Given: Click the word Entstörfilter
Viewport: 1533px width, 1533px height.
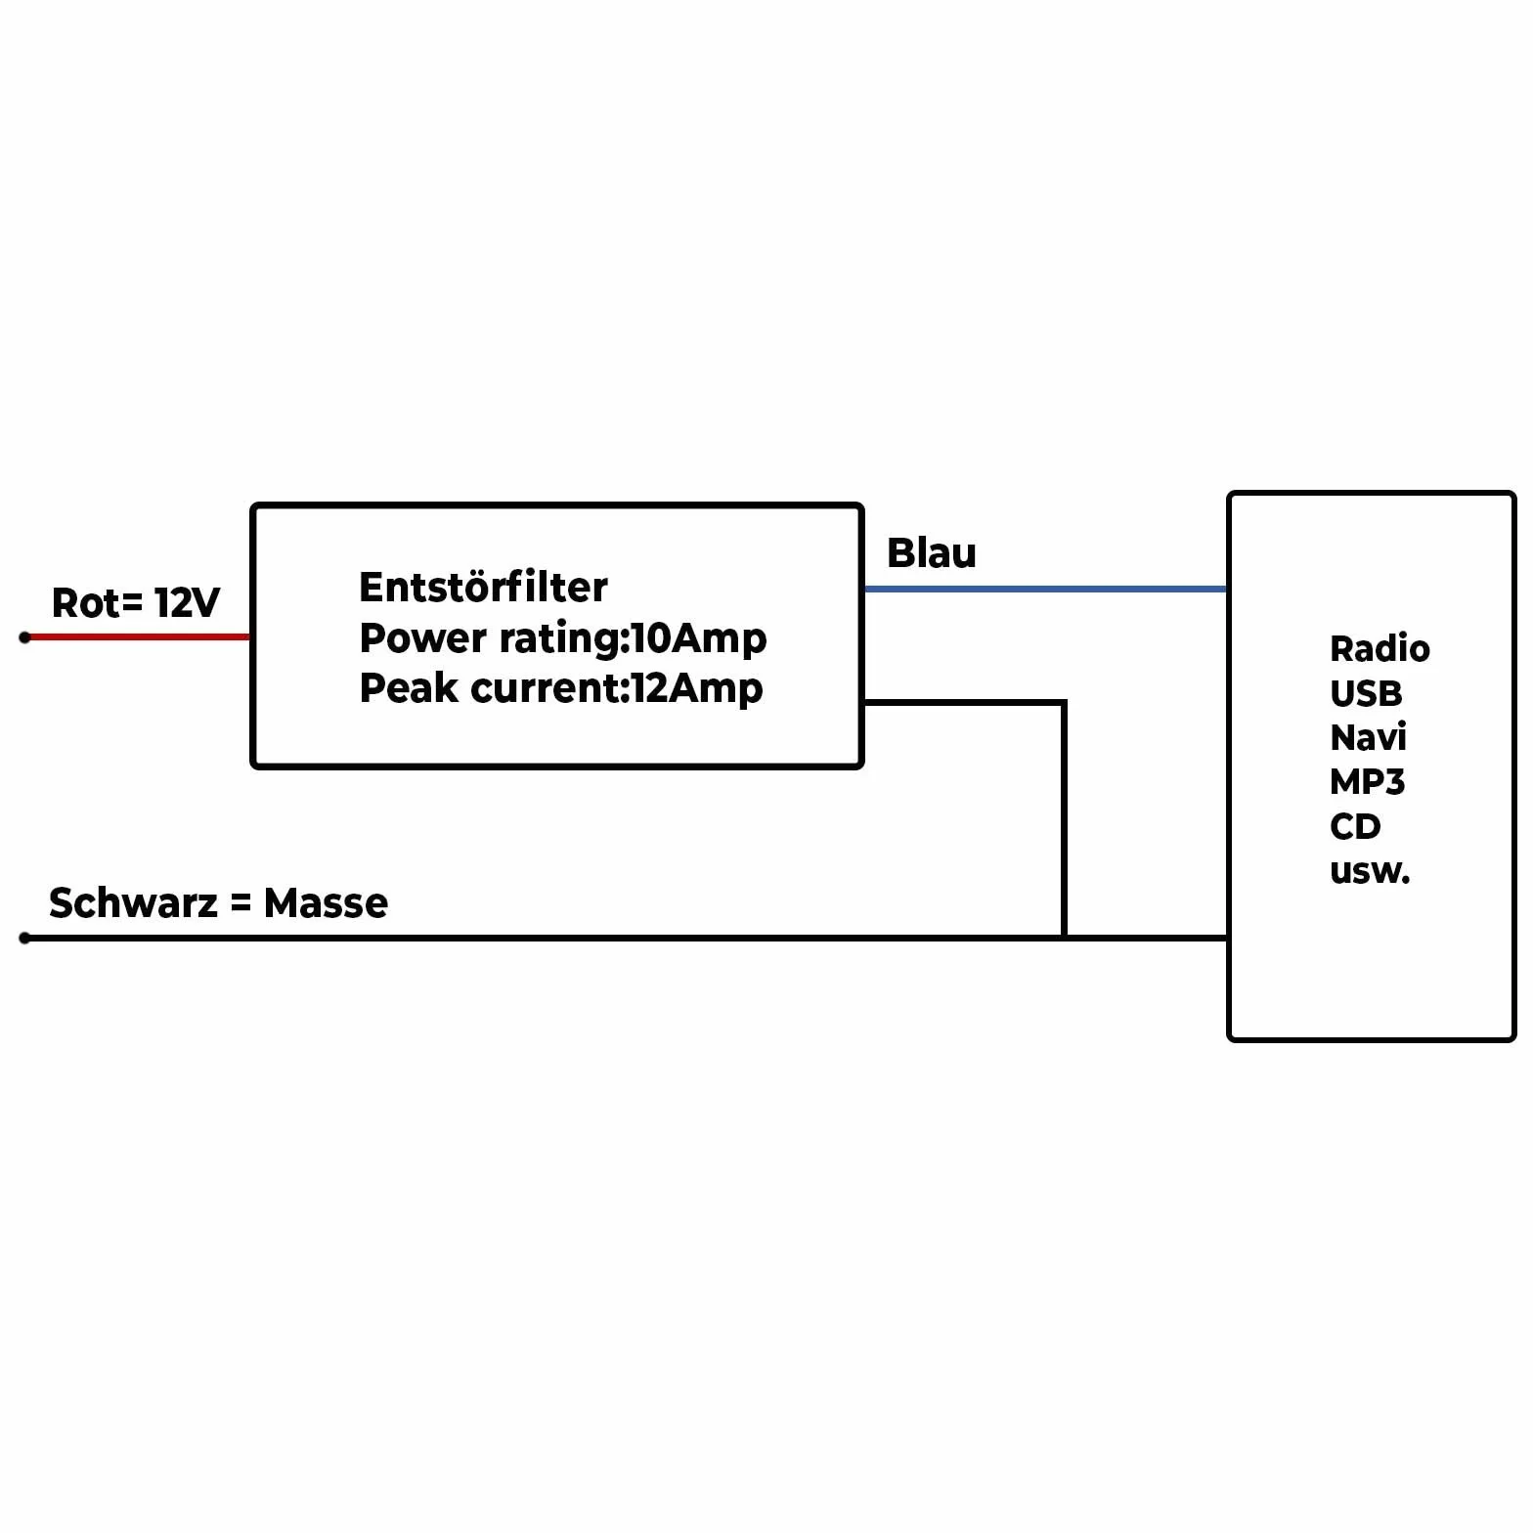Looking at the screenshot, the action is (x=483, y=588).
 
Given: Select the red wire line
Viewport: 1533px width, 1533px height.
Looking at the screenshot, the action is (x=137, y=637).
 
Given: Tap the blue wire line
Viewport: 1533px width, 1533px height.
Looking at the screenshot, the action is (x=1046, y=589).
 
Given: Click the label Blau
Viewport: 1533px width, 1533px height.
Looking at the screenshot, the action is (x=931, y=553).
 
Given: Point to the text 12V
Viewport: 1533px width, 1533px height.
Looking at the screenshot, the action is (x=187, y=603).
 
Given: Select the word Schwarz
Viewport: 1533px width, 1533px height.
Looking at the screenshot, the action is (x=133, y=903).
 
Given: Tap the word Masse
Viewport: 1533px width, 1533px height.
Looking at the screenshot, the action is (x=326, y=903).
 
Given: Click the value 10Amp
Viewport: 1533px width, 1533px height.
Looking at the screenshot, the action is (x=699, y=638).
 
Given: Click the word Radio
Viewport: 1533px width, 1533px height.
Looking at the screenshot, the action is (x=1380, y=649).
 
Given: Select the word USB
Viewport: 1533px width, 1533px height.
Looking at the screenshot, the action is (x=1366, y=694).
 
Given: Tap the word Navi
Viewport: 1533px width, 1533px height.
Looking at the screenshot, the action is (x=1368, y=738).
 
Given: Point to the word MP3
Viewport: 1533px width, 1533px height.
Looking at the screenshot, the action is (x=1367, y=782).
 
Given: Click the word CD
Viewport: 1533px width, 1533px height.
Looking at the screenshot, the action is (x=1355, y=827).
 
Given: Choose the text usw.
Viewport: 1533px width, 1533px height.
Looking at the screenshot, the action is (x=1370, y=871).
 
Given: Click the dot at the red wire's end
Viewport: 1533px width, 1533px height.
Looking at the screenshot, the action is (x=25, y=637).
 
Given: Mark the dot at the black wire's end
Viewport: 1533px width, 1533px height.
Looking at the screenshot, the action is (x=25, y=939).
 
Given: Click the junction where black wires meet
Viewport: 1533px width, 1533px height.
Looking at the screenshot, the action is (x=1064, y=939).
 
